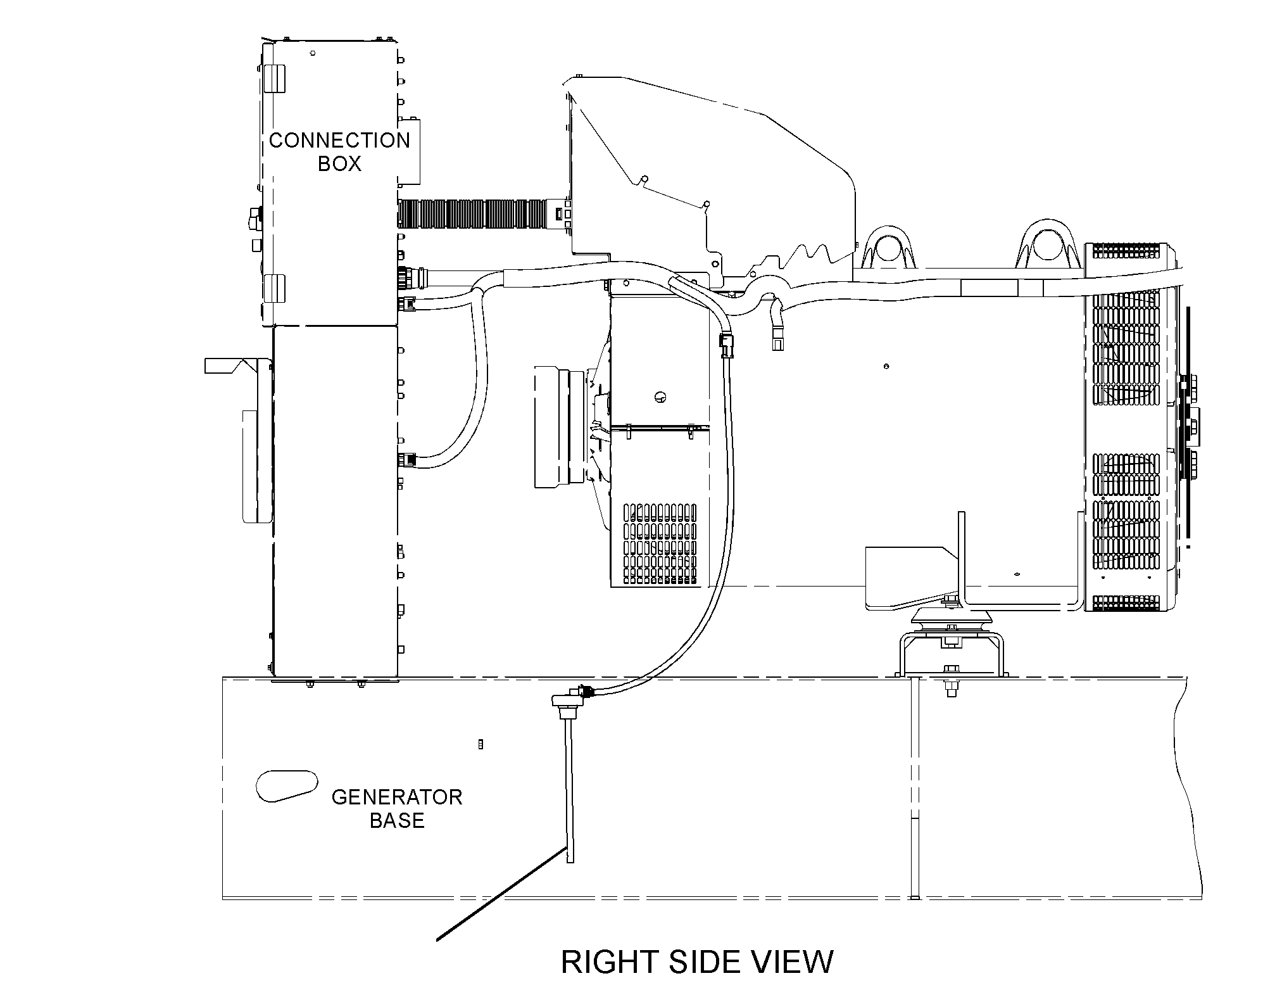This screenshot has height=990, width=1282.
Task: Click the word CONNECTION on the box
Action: pyautogui.click(x=340, y=140)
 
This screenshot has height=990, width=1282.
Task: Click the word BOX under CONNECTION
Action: pyautogui.click(x=339, y=164)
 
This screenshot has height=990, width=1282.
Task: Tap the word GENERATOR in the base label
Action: pyautogui.click(x=397, y=797)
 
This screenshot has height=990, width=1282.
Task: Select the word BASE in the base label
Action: pyautogui.click(x=397, y=820)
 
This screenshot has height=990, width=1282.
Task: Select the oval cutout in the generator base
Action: pyautogui.click(x=286, y=785)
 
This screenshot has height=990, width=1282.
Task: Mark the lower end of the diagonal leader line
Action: pyautogui.click(x=437, y=941)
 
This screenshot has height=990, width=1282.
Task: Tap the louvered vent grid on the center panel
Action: pyautogui.click(x=660, y=543)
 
